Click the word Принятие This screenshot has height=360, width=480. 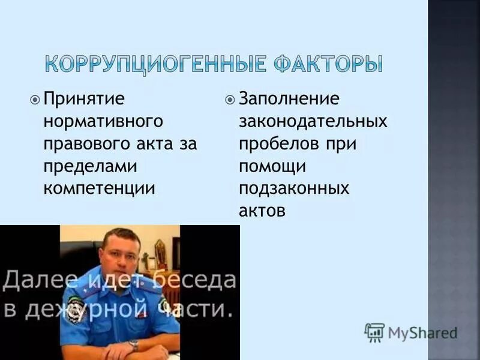pyautogui.click(x=84, y=98)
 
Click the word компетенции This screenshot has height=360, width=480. pyautogui.click(x=99, y=188)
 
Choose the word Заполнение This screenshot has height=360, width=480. pyautogui.click(x=289, y=98)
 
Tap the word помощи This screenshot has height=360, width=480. pyautogui.click(x=272, y=166)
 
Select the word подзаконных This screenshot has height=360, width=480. pyautogui.click(x=294, y=188)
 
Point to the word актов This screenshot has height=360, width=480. pyautogui.click(x=262, y=211)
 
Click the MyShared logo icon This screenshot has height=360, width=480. pyautogui.click(x=374, y=332)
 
